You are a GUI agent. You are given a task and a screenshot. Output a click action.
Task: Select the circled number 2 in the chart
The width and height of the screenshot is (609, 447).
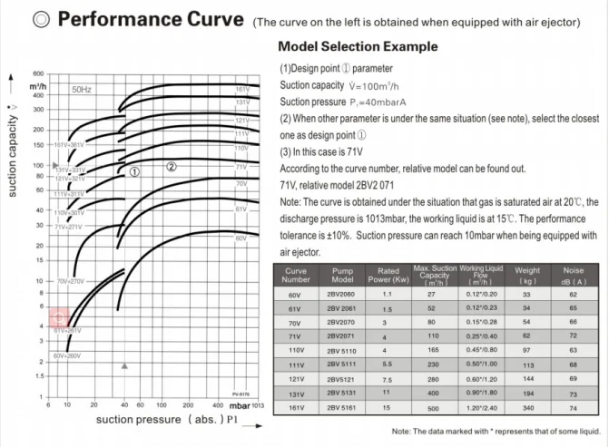point(172,166)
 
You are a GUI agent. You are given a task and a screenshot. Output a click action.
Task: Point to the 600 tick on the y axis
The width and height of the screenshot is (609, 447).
point(38,73)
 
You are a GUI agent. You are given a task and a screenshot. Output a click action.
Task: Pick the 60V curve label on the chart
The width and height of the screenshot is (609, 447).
point(241,238)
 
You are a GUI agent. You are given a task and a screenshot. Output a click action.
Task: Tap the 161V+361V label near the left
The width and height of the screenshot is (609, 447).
point(74,145)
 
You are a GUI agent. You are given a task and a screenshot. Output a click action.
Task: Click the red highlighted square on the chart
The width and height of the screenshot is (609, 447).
point(60,318)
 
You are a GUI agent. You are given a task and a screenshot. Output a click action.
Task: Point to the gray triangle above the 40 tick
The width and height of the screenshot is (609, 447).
point(125,365)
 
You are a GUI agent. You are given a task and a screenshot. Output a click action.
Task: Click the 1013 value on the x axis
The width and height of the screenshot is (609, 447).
point(259,405)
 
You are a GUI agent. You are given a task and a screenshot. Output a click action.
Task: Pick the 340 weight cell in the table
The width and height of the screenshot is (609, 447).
point(526,409)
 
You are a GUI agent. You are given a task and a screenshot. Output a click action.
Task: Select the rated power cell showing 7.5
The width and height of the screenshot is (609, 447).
point(388,377)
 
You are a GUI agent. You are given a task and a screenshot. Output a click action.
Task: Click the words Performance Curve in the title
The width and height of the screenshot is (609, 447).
point(152,19)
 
